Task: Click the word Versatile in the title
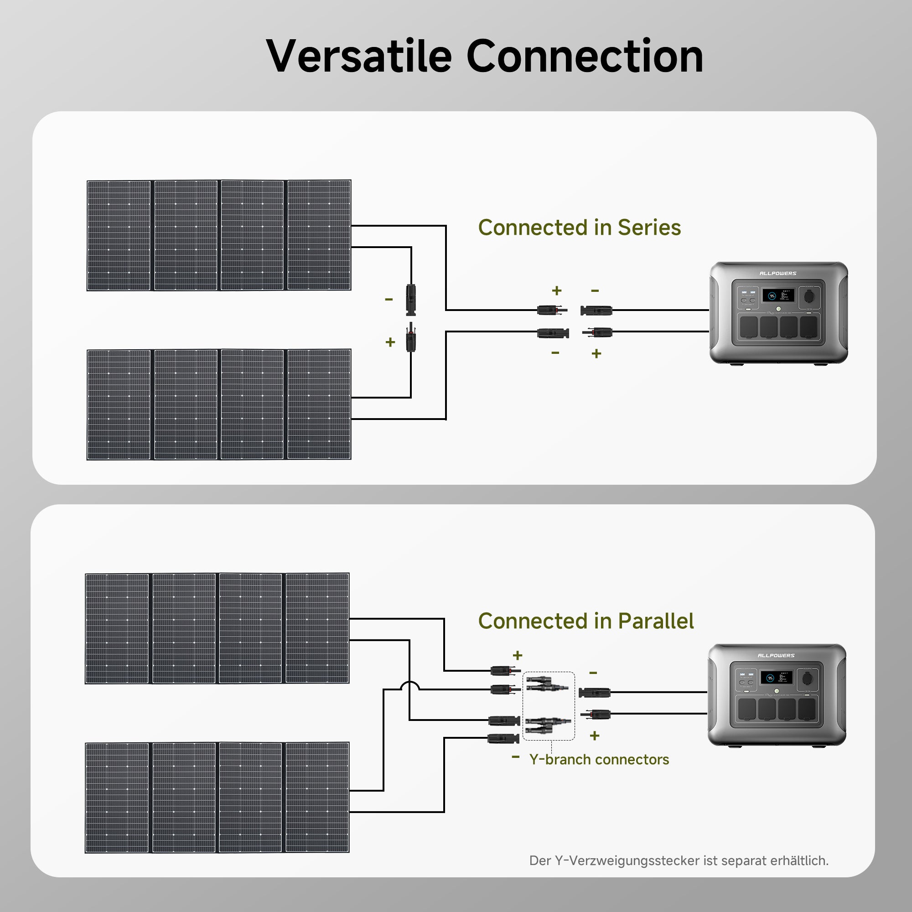tap(359, 57)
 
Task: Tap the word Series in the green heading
tap(649, 228)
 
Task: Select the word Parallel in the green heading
tap(656, 621)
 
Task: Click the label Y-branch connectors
tap(599, 760)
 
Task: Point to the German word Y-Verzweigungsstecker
tap(627, 860)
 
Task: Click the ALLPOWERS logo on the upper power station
tap(777, 273)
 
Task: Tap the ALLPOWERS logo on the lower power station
tap(776, 656)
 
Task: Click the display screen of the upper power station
tap(778, 296)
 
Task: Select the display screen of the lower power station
tap(776, 678)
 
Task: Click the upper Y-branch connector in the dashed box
tap(548, 684)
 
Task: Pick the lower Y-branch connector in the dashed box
tap(548, 725)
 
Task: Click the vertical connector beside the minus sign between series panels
tap(411, 299)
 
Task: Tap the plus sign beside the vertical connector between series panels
tap(390, 342)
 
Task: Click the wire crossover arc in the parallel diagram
tap(409, 685)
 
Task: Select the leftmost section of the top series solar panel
tap(119, 235)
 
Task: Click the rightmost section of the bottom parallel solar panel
tap(317, 797)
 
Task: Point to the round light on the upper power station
tap(778, 309)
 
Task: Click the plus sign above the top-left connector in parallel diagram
tap(518, 655)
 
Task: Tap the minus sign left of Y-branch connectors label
tap(515, 757)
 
